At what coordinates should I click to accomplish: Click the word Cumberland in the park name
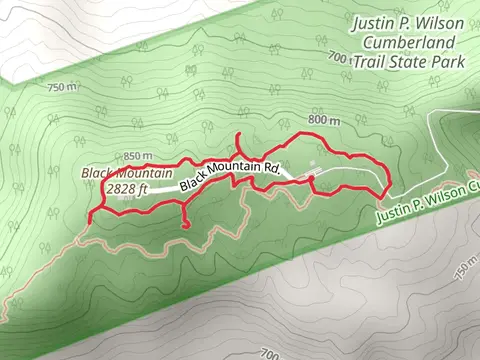412,42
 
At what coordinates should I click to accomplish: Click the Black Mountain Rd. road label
229,177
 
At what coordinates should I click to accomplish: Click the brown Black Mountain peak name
122,172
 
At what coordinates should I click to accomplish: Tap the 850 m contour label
138,157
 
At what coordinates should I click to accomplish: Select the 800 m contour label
325,120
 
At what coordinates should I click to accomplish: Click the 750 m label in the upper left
61,87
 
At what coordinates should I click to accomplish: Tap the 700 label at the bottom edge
268,353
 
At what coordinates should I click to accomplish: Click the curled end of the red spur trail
186,227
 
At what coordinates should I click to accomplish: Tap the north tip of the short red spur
238,134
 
